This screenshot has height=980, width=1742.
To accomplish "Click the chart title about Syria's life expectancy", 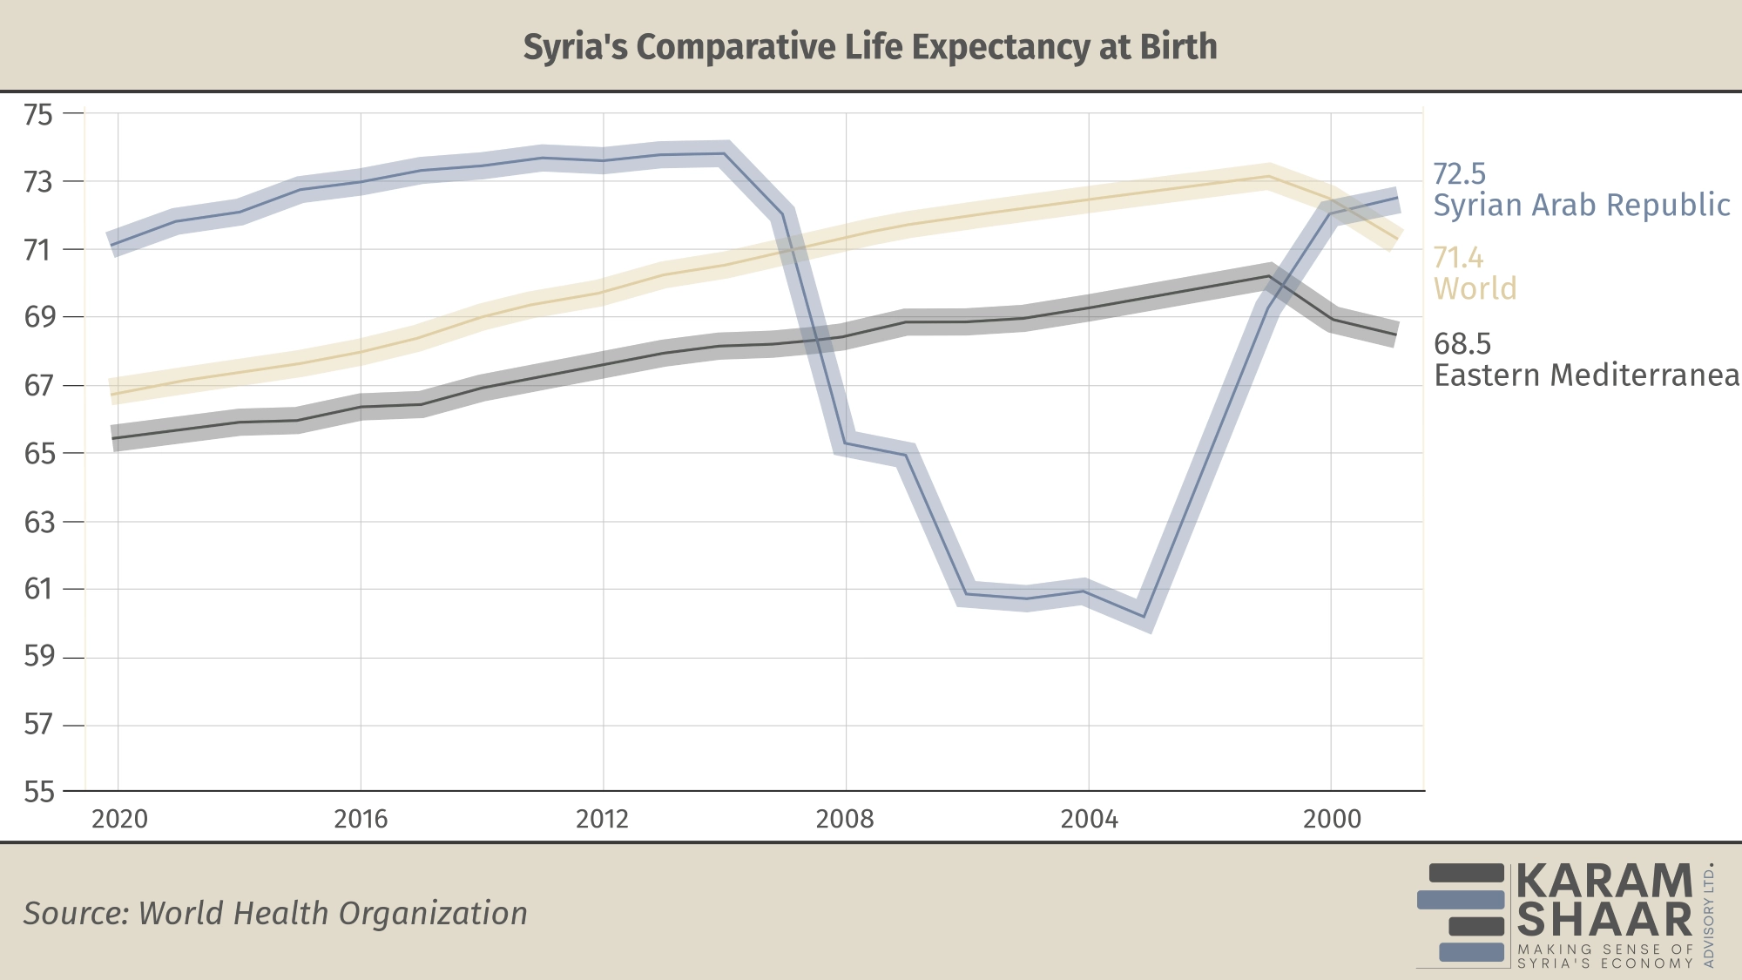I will click(x=870, y=47).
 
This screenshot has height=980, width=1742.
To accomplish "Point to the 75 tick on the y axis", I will click(x=38, y=114).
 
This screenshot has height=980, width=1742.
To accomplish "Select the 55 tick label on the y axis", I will click(x=38, y=792).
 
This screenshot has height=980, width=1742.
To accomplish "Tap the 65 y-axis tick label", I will click(x=38, y=454).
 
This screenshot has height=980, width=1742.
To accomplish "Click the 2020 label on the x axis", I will click(x=119, y=819).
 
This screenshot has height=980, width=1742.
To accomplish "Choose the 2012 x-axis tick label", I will click(x=602, y=819).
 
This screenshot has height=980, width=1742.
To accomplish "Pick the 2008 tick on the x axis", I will click(x=844, y=819).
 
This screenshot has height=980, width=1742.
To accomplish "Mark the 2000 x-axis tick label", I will click(x=1332, y=819).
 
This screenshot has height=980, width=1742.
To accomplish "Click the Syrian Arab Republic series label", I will click(x=1582, y=205).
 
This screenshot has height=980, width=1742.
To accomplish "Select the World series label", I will click(x=1475, y=288).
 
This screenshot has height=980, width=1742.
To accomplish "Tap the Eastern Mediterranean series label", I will click(x=1586, y=375).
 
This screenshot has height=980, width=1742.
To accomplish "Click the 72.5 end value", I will click(x=1460, y=173).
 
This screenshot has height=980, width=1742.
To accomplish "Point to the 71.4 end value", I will click(x=1459, y=258).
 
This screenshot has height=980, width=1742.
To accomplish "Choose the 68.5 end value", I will click(x=1462, y=344).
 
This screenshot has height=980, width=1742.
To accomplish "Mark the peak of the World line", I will click(x=1268, y=176).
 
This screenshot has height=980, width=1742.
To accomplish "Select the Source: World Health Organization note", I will click(x=275, y=913).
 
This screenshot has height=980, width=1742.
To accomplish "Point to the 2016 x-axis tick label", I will click(x=361, y=819).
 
